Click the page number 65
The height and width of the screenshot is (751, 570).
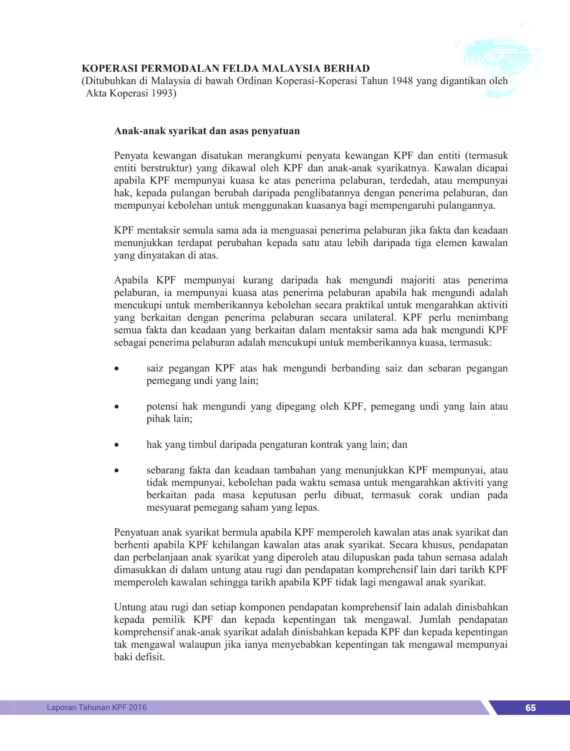pyautogui.click(x=530, y=708)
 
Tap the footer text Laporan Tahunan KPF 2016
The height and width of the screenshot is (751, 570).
pyautogui.click(x=97, y=707)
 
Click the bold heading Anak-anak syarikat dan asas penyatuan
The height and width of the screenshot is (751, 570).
pyautogui.click(x=207, y=131)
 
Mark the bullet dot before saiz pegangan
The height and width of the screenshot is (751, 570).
pyautogui.click(x=118, y=369)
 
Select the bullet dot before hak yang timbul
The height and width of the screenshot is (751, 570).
pyautogui.click(x=118, y=445)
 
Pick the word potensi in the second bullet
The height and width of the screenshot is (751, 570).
pyautogui.click(x=162, y=406)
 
